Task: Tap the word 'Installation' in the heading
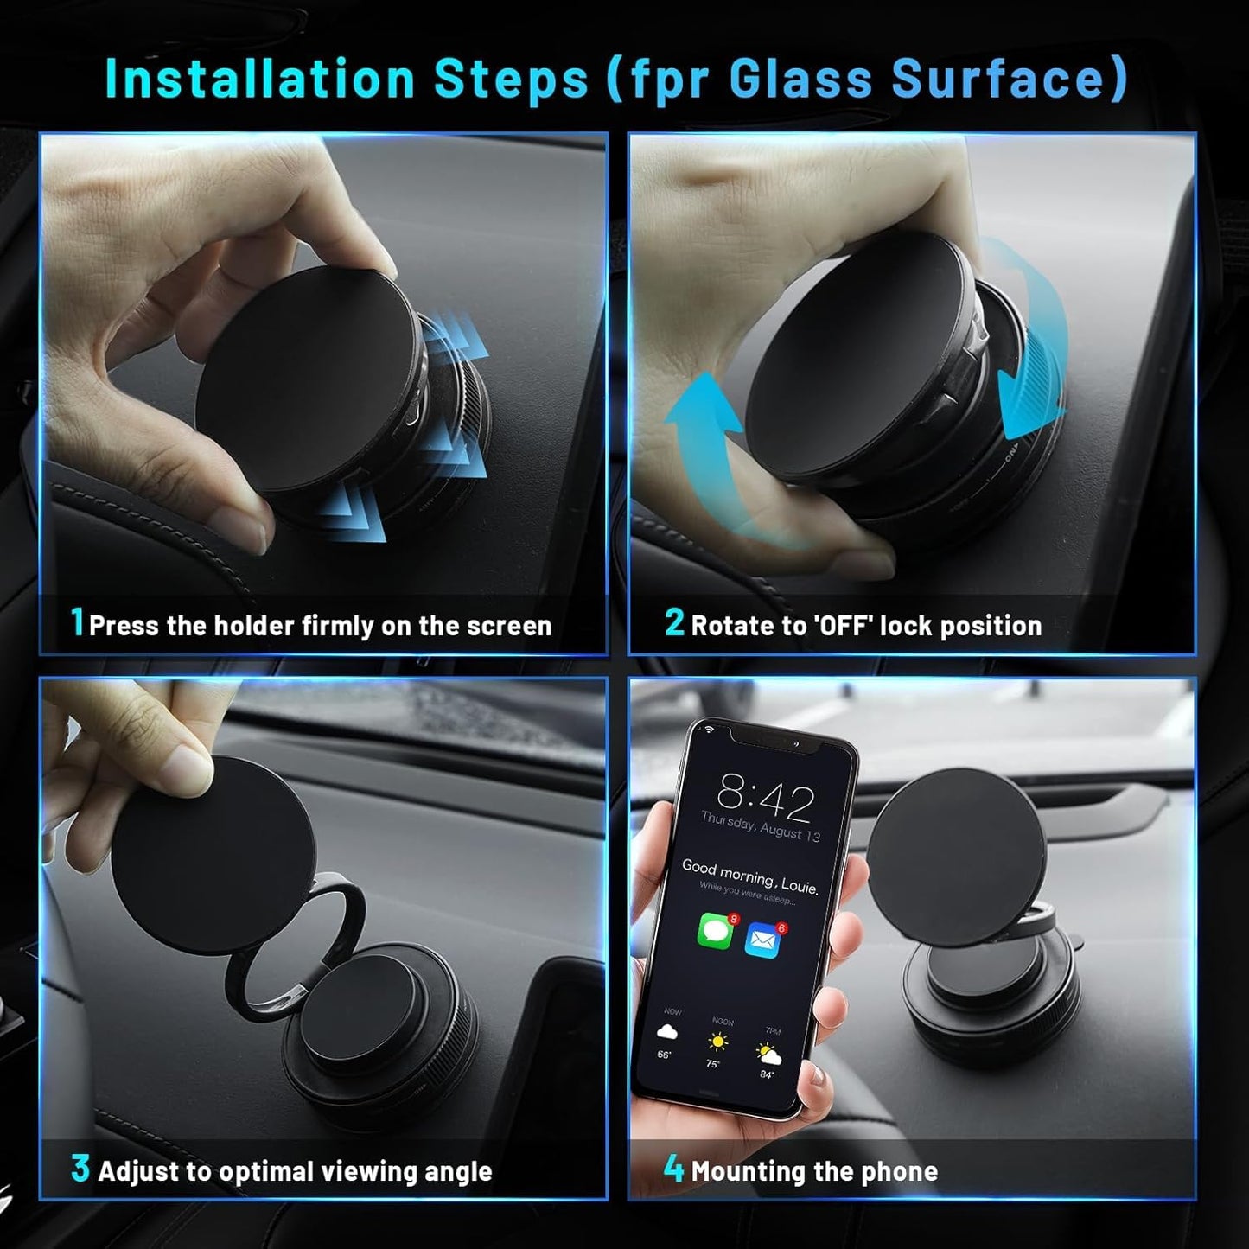(260, 79)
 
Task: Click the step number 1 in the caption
(78, 622)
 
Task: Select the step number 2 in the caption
(674, 622)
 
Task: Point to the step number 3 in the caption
(80, 1169)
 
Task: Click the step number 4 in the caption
(673, 1169)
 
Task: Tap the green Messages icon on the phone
(715, 932)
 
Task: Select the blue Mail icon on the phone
(762, 940)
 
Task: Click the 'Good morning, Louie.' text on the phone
(749, 876)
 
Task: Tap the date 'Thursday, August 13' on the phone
(760, 828)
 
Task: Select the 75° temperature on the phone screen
(712, 1064)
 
